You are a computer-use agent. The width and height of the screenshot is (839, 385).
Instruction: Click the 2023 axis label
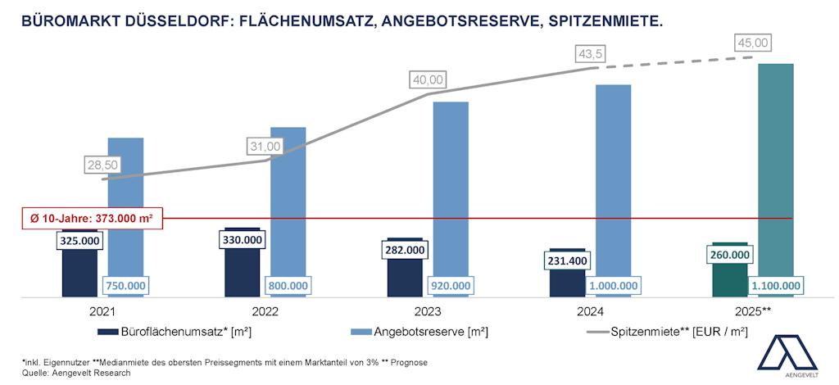[428, 312]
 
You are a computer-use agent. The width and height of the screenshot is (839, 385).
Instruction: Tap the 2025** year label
[754, 312]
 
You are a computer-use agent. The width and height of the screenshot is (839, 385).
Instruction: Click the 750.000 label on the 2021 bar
[125, 286]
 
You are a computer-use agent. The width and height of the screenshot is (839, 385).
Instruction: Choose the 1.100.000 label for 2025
[774, 286]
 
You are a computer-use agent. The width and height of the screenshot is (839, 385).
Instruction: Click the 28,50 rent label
[103, 165]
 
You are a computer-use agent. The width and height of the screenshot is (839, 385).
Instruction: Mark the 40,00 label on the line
[429, 79]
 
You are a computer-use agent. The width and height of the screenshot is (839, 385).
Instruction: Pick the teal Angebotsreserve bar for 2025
[775, 164]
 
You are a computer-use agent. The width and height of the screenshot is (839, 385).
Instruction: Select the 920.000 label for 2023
[451, 286]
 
